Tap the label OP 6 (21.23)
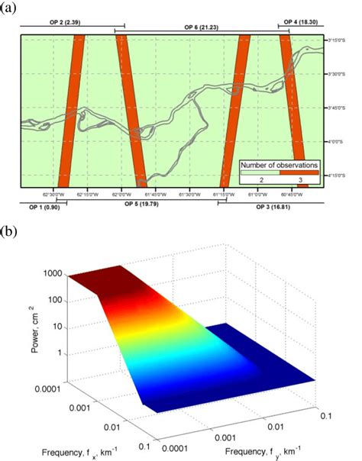tap(201, 27)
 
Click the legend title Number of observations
tap(278, 164)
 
